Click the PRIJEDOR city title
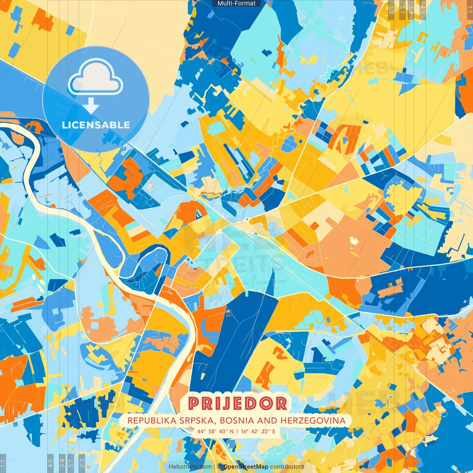237,404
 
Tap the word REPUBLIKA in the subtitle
146,421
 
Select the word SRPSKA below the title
186,421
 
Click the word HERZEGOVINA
313,421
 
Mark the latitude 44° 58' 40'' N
215,431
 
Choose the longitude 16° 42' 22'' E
258,431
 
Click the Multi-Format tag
236,3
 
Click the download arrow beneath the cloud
91,107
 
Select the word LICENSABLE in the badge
96,125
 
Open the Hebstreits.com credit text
190,467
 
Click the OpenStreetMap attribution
246,467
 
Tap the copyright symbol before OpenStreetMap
220,467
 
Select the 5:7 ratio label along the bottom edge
71,463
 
